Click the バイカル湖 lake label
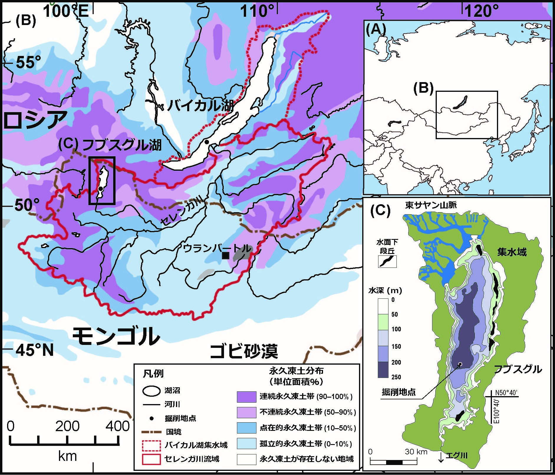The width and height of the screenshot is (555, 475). [x=200, y=105]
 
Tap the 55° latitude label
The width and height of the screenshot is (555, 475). [x=28, y=62]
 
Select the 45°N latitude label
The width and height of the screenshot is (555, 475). [x=34, y=350]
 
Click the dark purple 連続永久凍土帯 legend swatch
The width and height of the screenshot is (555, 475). [x=246, y=397]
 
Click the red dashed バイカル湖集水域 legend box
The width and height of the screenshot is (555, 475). [x=151, y=445]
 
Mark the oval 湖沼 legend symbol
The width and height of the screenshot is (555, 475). [x=151, y=391]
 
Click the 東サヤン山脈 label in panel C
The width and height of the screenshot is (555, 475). [x=431, y=205]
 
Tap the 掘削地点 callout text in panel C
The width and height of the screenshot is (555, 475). [x=398, y=392]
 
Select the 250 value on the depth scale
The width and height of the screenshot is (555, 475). [x=396, y=377]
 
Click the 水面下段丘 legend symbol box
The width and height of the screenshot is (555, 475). [x=387, y=261]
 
